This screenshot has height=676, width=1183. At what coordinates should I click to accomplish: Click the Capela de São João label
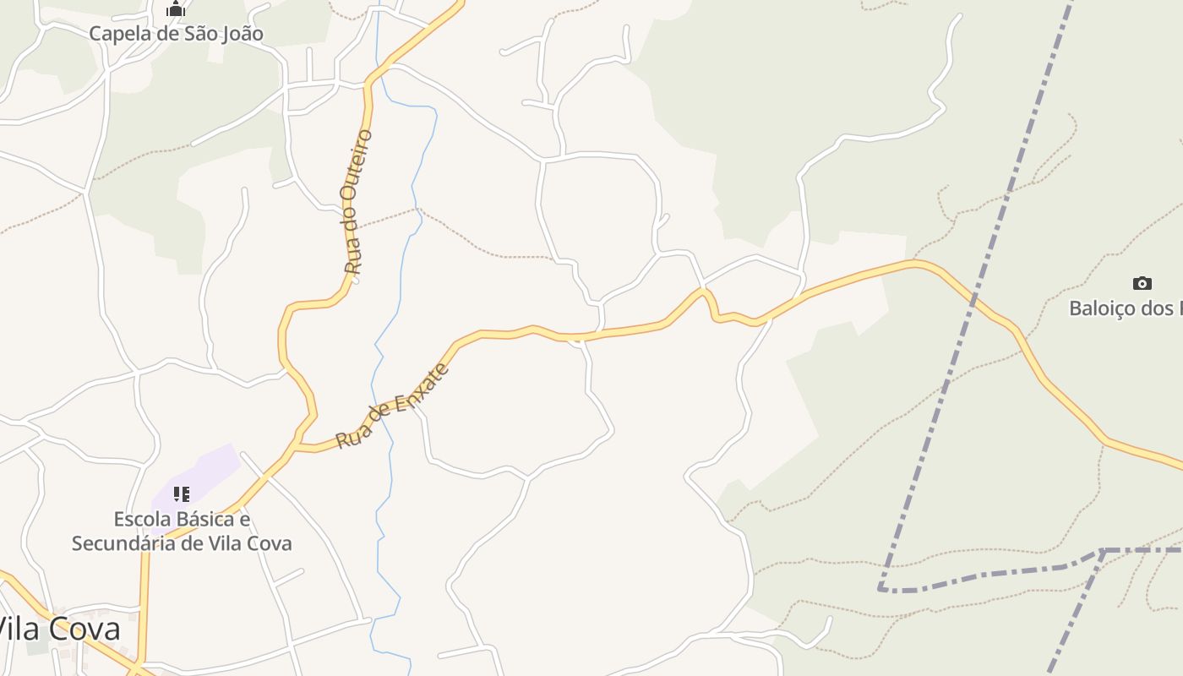[x=176, y=34]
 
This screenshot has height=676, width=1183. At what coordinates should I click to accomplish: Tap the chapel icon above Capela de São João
[x=176, y=10]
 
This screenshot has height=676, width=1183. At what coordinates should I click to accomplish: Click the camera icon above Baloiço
[x=1142, y=283]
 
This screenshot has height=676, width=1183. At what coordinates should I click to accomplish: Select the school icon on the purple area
[x=182, y=493]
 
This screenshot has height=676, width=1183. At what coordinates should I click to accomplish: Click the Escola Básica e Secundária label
[x=182, y=531]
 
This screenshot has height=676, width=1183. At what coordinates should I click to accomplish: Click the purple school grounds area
[x=207, y=470]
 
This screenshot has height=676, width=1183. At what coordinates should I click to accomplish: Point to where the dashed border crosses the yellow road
[x=974, y=299]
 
